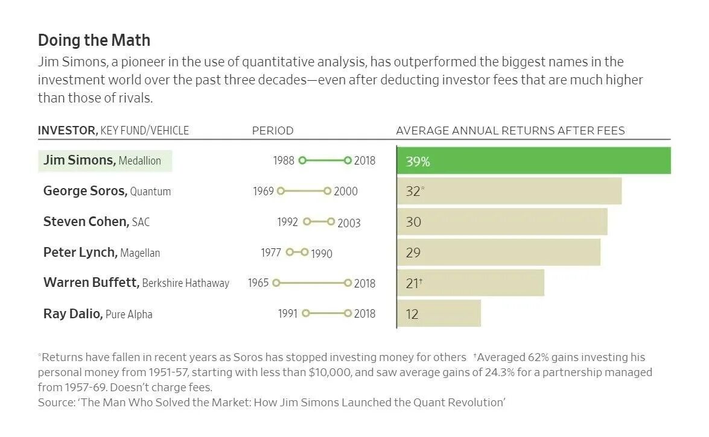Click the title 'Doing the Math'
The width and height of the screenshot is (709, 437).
[x=94, y=40]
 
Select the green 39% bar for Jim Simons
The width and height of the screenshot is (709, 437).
[x=533, y=161]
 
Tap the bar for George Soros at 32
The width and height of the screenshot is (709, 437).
[x=509, y=191]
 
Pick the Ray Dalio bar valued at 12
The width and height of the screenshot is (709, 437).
[x=439, y=313]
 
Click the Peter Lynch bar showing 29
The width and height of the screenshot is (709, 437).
[x=498, y=252]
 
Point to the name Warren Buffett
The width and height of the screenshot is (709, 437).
[x=91, y=282]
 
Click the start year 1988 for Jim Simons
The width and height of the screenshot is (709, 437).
[x=284, y=160]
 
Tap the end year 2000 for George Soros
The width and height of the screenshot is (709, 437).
[x=346, y=191]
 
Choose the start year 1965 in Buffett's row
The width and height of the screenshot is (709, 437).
[x=258, y=283]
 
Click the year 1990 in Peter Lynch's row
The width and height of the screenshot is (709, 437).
[x=322, y=253]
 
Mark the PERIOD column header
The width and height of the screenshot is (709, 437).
[x=273, y=130]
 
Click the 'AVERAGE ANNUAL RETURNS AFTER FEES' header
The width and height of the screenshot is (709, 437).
[x=510, y=130]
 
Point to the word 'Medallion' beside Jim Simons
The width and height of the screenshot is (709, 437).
[x=140, y=161]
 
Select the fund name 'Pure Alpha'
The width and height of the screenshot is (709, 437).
[x=129, y=314]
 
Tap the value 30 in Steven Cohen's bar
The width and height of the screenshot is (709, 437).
[x=413, y=222]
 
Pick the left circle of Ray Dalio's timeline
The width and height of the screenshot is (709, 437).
[x=305, y=313]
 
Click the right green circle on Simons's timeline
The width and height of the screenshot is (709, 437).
[x=348, y=160]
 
